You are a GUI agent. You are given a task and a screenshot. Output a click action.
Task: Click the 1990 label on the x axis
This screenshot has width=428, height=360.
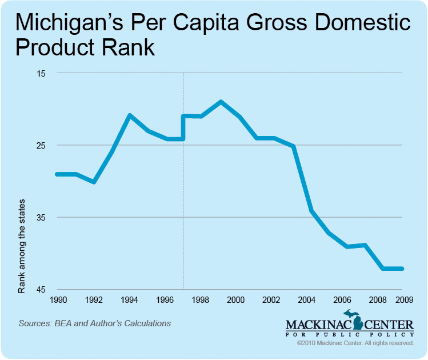click(x=59, y=299)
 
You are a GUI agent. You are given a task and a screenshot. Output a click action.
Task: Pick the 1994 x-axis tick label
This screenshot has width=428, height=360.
click(x=130, y=299)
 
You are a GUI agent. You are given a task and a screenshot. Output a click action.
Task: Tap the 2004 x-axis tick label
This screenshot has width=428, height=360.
click(x=307, y=299)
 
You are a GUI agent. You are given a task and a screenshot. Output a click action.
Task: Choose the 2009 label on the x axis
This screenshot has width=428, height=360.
click(x=404, y=299)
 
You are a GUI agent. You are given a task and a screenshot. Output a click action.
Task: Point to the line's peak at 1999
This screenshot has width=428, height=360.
click(x=221, y=102)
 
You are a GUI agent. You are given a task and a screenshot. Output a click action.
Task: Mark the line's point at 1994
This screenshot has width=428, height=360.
click(x=130, y=115)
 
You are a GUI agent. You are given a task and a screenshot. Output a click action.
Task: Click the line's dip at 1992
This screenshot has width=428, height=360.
click(x=94, y=182)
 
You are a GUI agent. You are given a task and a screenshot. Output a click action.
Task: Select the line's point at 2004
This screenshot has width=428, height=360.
click(x=311, y=211)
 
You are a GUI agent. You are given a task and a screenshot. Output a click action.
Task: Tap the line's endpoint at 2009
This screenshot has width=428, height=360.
click(x=403, y=269)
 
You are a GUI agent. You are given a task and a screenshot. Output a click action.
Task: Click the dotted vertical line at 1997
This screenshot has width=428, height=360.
click(x=183, y=217)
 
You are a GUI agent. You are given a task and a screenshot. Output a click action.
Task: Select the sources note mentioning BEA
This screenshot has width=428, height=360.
click(x=95, y=323)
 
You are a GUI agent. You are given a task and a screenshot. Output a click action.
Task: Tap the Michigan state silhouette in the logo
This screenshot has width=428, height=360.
click(x=357, y=321)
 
